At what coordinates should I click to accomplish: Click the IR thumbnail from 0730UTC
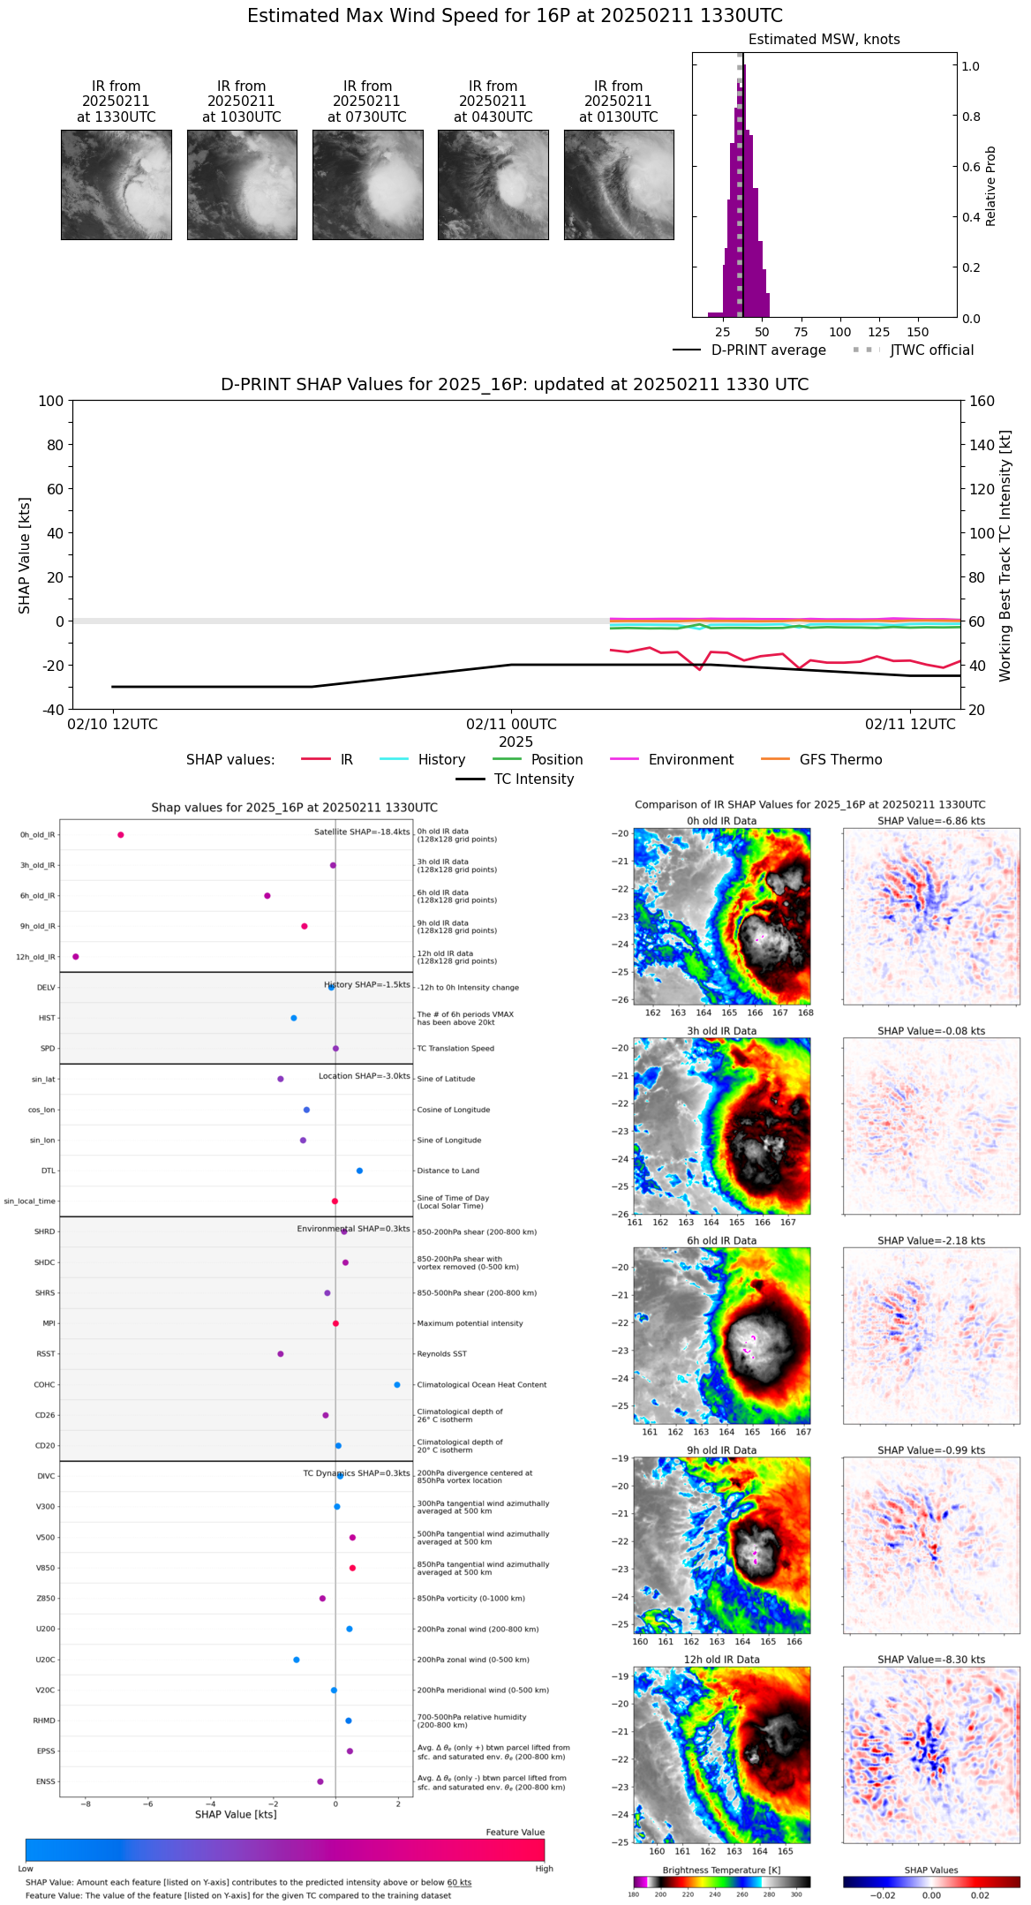[367, 184]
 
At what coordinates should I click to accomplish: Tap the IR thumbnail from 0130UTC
[619, 184]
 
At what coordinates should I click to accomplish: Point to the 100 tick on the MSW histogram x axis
[839, 332]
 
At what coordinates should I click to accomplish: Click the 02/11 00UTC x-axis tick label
[511, 725]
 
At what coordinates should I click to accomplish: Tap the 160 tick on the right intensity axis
[982, 402]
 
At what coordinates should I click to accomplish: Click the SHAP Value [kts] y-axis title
[25, 555]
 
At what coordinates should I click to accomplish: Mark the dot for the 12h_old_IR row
[76, 957]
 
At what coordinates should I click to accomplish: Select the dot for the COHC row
[397, 1385]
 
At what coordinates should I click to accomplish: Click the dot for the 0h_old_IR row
[121, 835]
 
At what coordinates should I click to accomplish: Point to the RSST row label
[45, 1354]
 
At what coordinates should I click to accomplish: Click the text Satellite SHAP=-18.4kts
[362, 832]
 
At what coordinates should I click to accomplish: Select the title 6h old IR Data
[721, 1241]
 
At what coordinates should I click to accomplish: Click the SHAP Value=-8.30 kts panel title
[931, 1660]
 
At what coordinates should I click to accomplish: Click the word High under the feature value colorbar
[544, 1869]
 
